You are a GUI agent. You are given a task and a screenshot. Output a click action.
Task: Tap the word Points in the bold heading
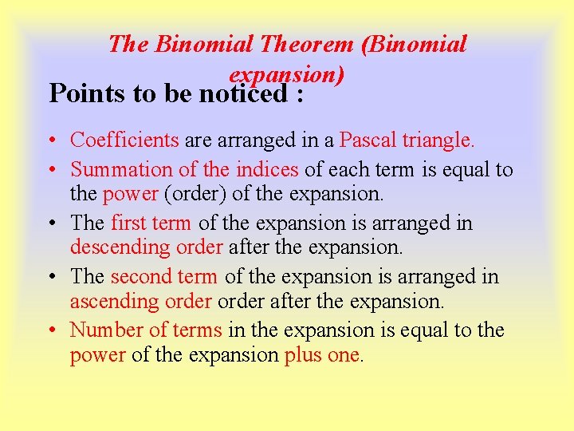[82, 94]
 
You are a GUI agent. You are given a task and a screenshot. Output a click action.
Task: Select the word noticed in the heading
[243, 94]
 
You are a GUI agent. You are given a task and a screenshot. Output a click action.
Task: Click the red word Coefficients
[124, 140]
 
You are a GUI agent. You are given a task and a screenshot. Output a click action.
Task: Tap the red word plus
[303, 354]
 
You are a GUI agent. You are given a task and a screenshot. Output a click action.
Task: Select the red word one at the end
[344, 354]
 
